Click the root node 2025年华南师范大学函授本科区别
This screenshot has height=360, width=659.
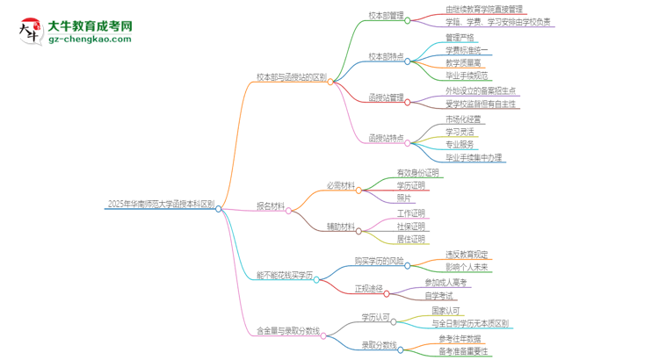click(x=160, y=204)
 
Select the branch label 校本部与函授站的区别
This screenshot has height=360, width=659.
click(x=291, y=77)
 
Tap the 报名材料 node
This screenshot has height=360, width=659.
click(x=270, y=206)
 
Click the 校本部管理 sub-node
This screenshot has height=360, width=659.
click(x=386, y=15)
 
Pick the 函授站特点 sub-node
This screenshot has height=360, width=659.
click(x=386, y=138)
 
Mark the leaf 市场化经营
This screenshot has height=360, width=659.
click(x=463, y=119)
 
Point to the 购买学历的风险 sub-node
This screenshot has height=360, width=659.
click(x=379, y=262)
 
